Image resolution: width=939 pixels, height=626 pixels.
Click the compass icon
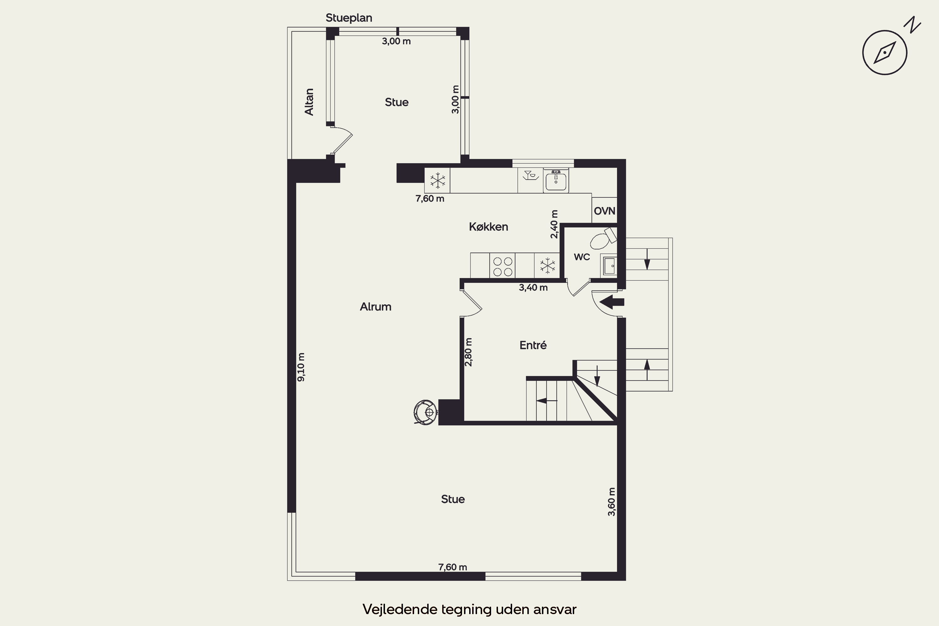click(885, 52)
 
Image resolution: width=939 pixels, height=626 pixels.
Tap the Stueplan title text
click(349, 18)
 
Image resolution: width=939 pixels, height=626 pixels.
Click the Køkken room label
click(488, 227)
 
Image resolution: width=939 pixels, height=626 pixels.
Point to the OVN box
click(604, 210)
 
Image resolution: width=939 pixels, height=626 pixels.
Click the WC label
click(582, 257)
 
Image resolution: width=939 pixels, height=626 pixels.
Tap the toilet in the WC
click(603, 238)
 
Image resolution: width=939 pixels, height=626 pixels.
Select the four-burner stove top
click(502, 265)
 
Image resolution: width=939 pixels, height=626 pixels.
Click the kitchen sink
click(556, 181)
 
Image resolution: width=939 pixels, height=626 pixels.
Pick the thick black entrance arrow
click(612, 302)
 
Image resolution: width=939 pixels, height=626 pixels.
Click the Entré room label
click(533, 345)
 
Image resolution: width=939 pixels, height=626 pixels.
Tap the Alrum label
click(375, 307)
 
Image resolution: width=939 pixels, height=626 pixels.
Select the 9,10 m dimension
click(301, 367)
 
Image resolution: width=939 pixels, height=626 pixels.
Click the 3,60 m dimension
click(611, 501)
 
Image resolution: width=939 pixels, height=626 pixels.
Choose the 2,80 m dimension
click(468, 352)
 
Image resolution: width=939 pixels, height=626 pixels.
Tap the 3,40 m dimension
click(533, 287)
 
